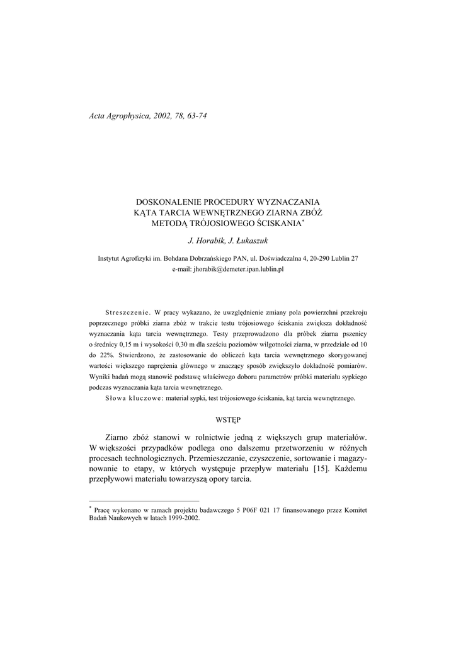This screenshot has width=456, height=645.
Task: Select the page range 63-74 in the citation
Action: tap(195, 117)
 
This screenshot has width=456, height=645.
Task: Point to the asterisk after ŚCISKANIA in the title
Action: tap(302, 220)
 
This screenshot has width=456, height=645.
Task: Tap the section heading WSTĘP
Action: tap(228, 419)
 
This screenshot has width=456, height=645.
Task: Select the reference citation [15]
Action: tap(321, 469)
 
